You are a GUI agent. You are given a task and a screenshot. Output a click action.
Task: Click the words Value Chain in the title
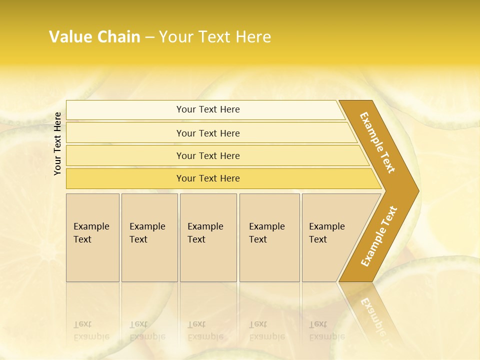pos(94,37)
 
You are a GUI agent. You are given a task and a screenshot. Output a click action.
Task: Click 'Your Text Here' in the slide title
pos(215,37)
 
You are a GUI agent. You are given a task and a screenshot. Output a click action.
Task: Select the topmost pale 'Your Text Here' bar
pos(208,109)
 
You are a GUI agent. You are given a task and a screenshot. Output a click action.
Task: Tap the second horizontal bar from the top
pos(208,133)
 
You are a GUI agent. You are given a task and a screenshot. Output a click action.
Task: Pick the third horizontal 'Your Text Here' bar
pos(208,155)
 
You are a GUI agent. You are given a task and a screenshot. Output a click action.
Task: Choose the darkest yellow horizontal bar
pos(208,178)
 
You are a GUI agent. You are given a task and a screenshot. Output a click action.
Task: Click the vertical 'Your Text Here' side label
pos(57,143)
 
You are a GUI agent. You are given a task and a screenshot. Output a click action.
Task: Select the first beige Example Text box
pos(92,237)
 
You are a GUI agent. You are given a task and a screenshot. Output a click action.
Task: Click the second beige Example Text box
pos(149,237)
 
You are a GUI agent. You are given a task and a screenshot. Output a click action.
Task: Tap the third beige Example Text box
pos(207,237)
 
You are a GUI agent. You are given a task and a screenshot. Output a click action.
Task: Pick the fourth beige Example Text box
pos(269,237)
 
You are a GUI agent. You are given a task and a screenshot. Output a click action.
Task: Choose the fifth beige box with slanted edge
pos(330,237)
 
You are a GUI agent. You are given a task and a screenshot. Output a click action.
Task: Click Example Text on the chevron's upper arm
pos(377,142)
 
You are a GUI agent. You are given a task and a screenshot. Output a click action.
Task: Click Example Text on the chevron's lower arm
pos(379,236)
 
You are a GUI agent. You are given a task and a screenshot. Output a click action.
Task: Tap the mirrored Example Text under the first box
pos(91,330)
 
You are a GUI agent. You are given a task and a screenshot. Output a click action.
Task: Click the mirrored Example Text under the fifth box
pos(326,330)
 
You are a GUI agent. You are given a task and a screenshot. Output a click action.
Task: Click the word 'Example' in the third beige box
pos(205,226)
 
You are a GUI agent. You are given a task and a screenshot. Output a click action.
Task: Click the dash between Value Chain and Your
pos(149,37)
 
